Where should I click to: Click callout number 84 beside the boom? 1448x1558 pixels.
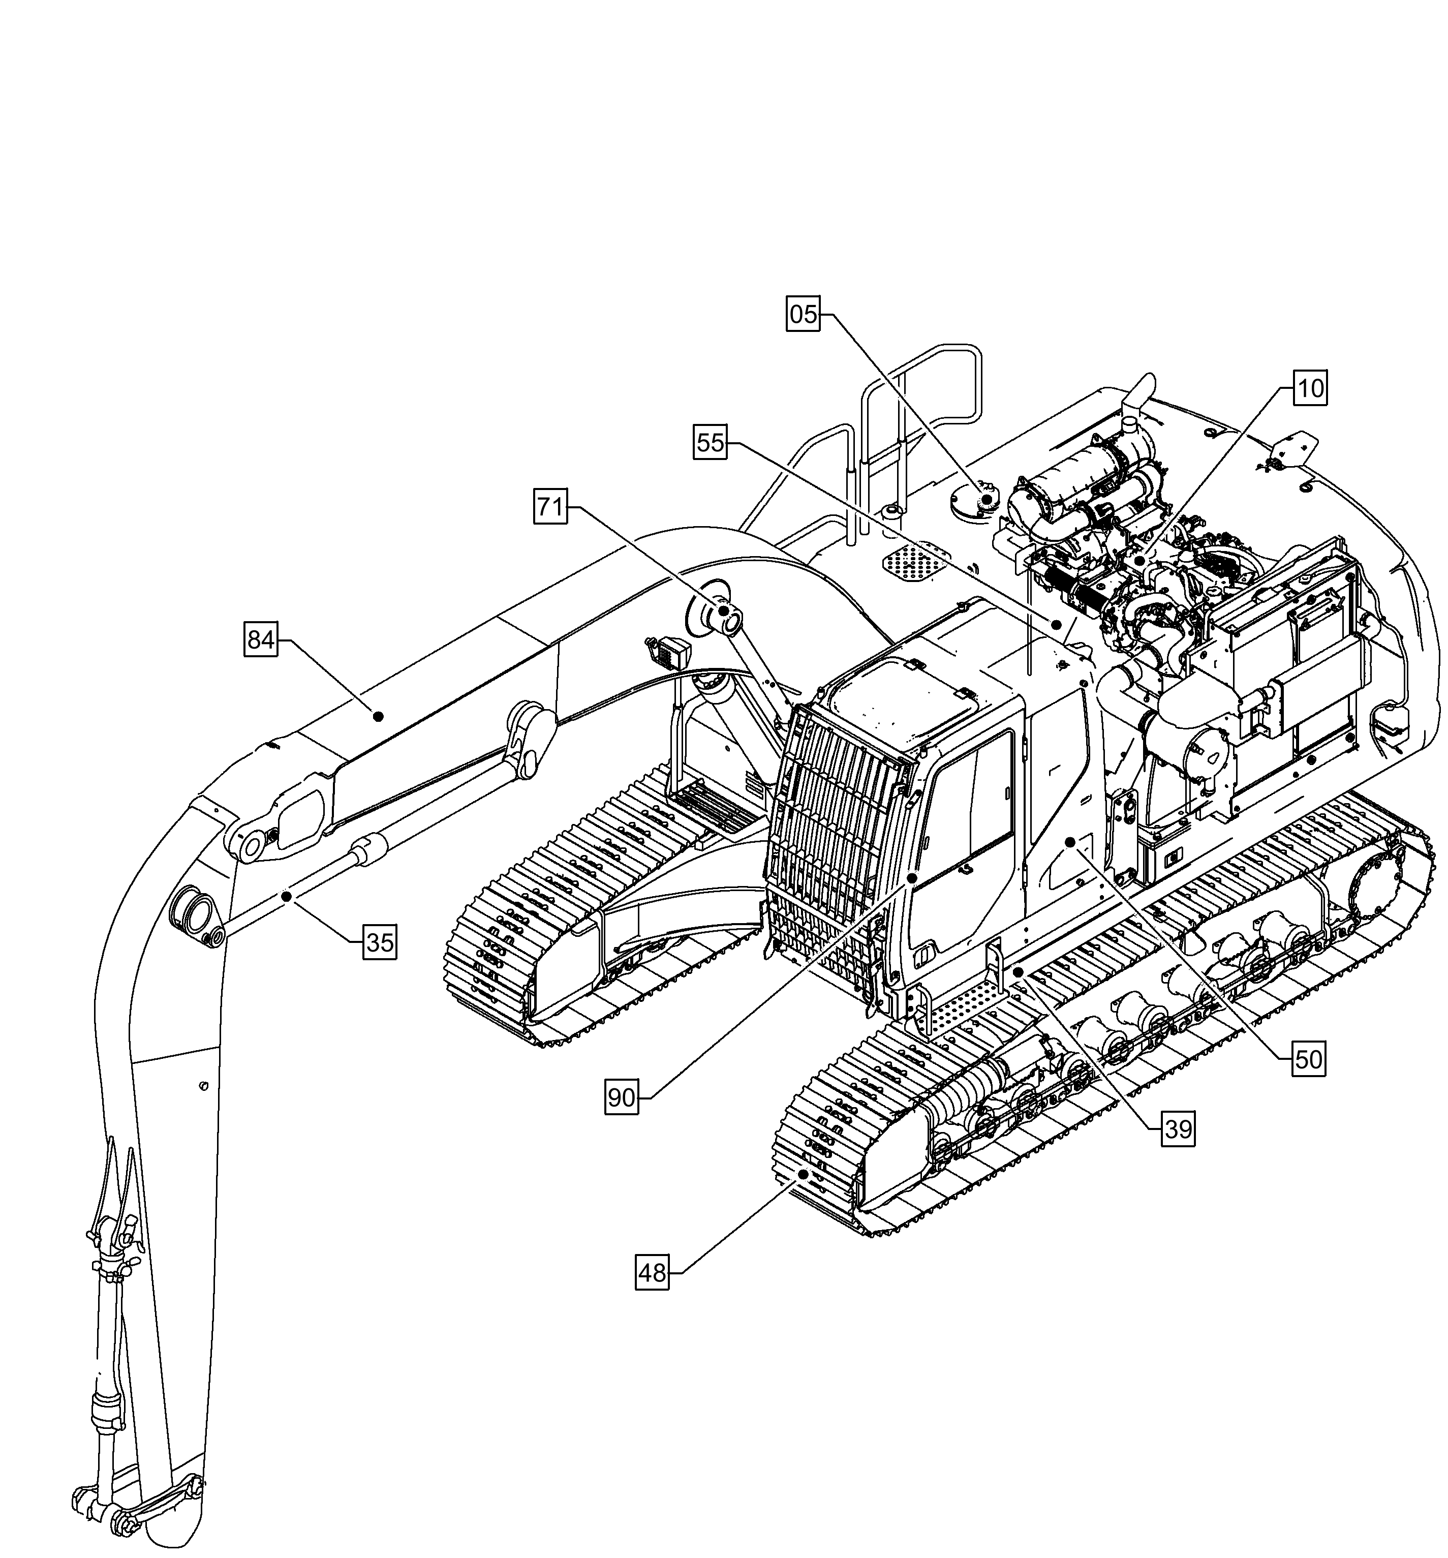pyautogui.click(x=260, y=640)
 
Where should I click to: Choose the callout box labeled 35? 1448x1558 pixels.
pyautogui.click(x=380, y=942)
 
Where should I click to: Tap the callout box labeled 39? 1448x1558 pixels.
pyautogui.click(x=1179, y=1129)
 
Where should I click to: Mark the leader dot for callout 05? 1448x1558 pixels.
pyautogui.click(x=987, y=499)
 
